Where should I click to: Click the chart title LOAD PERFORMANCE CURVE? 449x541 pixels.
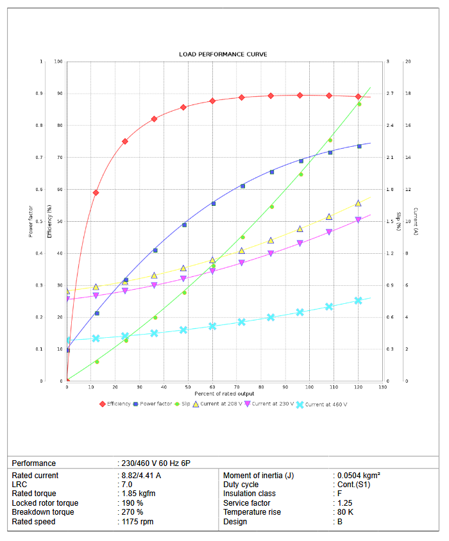(x=223, y=54)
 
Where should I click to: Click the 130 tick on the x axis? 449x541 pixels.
(x=382, y=387)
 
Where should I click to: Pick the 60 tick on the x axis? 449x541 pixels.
(x=213, y=387)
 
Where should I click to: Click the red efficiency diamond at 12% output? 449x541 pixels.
(x=96, y=192)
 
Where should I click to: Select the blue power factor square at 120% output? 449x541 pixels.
(x=359, y=146)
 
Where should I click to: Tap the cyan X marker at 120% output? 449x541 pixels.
(x=359, y=300)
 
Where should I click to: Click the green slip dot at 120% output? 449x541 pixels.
(x=359, y=104)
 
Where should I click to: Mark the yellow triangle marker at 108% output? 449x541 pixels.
(x=329, y=217)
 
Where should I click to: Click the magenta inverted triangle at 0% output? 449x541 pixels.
(x=67, y=299)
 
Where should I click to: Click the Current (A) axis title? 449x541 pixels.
(x=416, y=221)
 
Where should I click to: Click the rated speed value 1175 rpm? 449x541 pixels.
(x=137, y=522)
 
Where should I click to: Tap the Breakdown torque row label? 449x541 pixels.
(x=43, y=512)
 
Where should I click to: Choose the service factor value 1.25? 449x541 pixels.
(x=346, y=503)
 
